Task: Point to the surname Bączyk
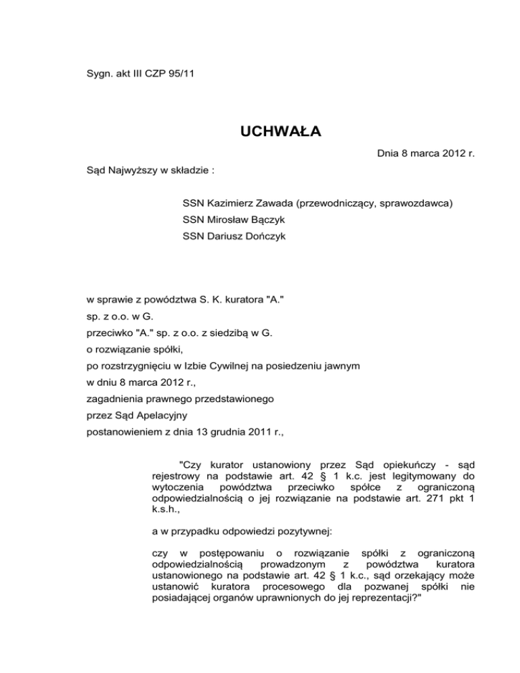pos(265,219)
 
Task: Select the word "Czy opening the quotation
pos(190,464)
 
